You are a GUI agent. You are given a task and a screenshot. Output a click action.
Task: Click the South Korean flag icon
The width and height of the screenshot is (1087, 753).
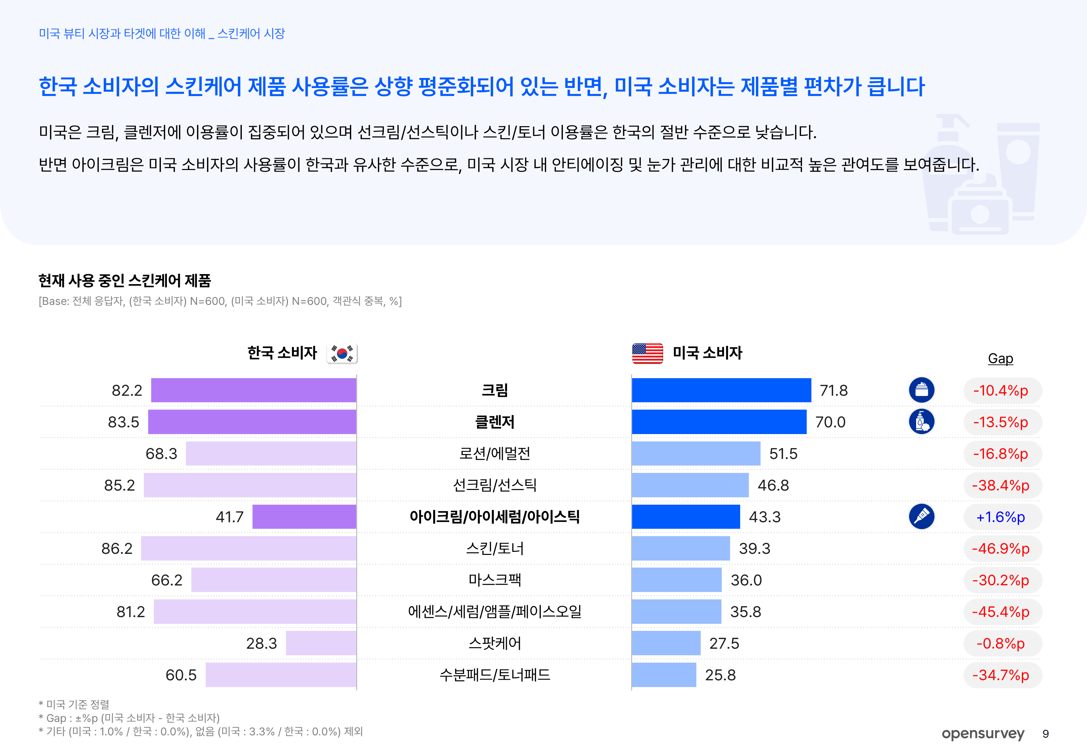tap(342, 353)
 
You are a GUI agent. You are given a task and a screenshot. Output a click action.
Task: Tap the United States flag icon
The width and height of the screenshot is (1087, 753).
tap(647, 353)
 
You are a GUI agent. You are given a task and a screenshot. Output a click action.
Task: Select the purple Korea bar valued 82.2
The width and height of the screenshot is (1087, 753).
tap(253, 390)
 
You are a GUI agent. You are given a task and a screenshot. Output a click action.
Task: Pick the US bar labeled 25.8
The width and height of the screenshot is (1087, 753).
tap(664, 675)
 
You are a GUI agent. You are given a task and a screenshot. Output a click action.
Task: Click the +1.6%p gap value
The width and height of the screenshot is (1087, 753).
tap(1000, 517)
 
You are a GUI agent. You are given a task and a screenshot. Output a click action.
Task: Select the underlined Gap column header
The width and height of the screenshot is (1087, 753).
tap(1000, 358)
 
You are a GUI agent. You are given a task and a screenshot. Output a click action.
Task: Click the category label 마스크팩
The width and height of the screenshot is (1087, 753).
tap(494, 580)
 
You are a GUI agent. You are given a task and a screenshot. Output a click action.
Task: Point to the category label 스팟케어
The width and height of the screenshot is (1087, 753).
tap(494, 643)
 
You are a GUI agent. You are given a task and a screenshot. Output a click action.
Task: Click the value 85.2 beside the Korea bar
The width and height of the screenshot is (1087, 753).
tap(119, 485)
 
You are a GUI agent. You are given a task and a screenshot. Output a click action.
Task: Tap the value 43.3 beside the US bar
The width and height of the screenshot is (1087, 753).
tap(765, 517)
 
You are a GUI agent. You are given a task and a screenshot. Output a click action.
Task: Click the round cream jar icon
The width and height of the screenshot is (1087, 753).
tap(921, 390)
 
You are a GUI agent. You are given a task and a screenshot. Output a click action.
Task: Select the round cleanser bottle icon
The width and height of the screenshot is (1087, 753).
tap(921, 422)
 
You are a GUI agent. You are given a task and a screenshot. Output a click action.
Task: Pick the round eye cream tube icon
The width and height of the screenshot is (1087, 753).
tap(921, 517)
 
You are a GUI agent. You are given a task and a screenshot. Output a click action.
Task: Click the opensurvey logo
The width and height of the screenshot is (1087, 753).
tap(983, 734)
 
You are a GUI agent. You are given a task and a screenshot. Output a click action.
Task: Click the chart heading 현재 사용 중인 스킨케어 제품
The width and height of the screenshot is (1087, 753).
tap(124, 281)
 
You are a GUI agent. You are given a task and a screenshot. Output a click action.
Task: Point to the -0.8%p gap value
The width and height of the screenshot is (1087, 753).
tap(1000, 644)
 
